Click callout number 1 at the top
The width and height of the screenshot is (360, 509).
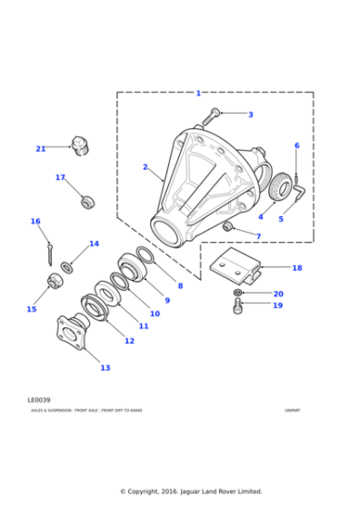pyautogui.click(x=198, y=93)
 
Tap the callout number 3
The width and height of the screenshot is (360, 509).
pyautogui.click(x=251, y=115)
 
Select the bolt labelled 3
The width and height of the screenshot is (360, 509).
pyautogui.click(x=211, y=115)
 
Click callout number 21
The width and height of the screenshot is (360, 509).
pyautogui.click(x=40, y=148)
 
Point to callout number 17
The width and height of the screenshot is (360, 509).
pyautogui.click(x=60, y=178)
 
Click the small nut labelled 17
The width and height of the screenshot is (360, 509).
pyautogui.click(x=88, y=202)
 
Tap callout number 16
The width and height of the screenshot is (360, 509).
pyautogui.click(x=35, y=221)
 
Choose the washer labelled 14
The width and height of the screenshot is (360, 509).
pyautogui.click(x=67, y=266)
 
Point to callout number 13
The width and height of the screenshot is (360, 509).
pyautogui.click(x=105, y=368)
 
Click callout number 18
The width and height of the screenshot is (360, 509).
pyautogui.click(x=296, y=268)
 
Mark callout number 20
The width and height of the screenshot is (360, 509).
pyautogui.click(x=278, y=294)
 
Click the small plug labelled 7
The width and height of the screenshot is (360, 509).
pyautogui.click(x=229, y=225)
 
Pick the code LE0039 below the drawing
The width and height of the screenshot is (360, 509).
pyautogui.click(x=39, y=399)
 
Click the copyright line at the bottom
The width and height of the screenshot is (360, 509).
pyautogui.click(x=191, y=491)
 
